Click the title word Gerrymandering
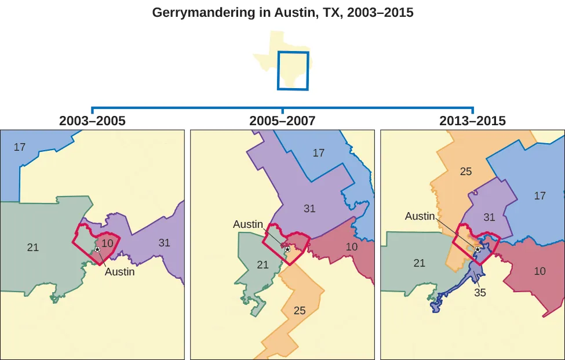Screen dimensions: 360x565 point(191,13)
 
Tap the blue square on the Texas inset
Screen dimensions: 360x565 point(293,71)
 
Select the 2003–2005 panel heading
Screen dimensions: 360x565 point(93,121)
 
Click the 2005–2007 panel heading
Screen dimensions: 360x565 point(282,121)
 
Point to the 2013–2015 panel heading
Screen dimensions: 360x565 point(472,121)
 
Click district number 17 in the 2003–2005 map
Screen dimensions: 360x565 point(20,147)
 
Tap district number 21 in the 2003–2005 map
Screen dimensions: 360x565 point(33,248)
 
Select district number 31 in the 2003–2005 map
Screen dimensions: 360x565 point(165,243)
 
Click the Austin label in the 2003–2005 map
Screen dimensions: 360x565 point(119,271)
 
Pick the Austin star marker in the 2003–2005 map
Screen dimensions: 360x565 point(97,249)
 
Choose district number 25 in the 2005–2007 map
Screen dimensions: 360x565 point(300,311)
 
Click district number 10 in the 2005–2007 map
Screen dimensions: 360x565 point(351,247)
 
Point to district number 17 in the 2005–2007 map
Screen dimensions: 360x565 point(318,153)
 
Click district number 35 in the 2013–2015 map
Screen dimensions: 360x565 point(480,293)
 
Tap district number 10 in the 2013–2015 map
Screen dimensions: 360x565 point(540,271)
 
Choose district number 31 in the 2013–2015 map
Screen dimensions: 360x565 point(489,217)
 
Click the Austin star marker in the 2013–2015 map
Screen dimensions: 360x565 point(477,249)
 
